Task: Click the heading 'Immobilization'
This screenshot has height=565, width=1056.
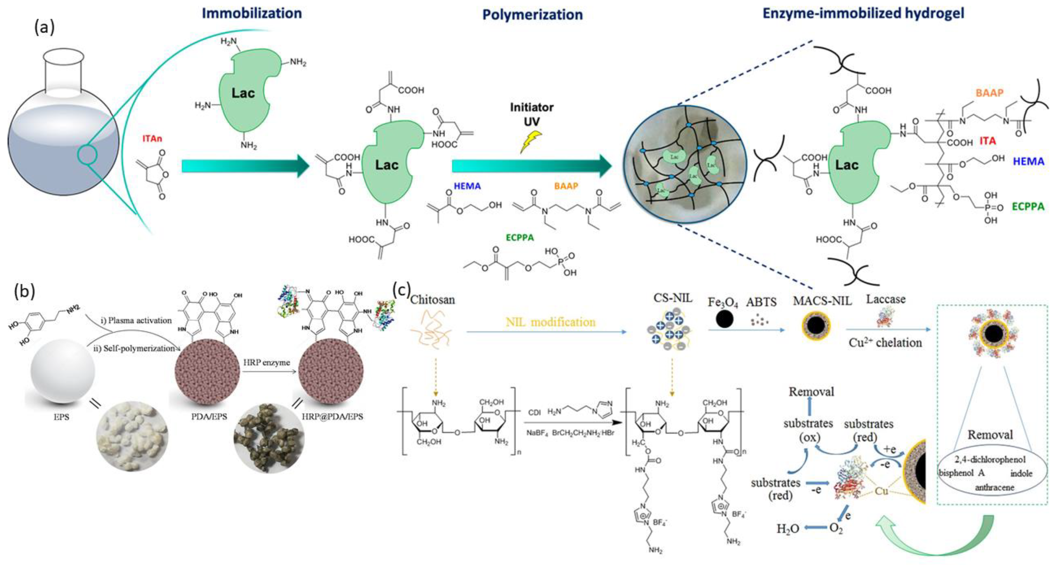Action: coord(252,13)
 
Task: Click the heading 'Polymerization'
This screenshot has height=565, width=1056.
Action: coord(532,15)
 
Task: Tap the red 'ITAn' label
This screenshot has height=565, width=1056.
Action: coord(152,138)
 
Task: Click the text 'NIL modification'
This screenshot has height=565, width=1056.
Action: coord(550,322)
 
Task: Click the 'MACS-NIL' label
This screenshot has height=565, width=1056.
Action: coord(822,301)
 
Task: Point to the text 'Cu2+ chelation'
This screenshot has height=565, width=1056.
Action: coord(885,343)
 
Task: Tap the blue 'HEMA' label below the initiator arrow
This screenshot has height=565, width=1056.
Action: coord(467,186)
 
